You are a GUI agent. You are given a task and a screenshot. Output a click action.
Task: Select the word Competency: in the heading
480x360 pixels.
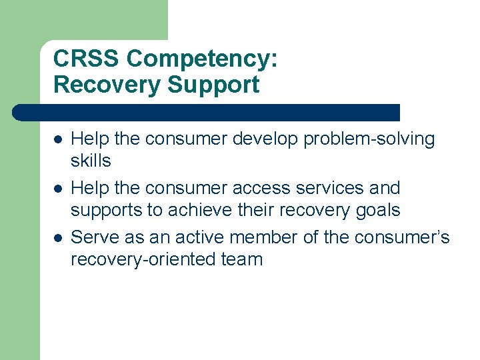[x=202, y=60]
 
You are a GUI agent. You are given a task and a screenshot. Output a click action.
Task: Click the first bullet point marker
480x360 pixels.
[x=58, y=140]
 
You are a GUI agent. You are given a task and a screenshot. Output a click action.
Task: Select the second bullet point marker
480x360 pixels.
[x=58, y=189]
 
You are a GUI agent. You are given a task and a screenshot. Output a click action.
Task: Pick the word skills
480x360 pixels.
[x=91, y=161]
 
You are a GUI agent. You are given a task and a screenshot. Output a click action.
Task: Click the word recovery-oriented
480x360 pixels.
[x=141, y=259]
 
